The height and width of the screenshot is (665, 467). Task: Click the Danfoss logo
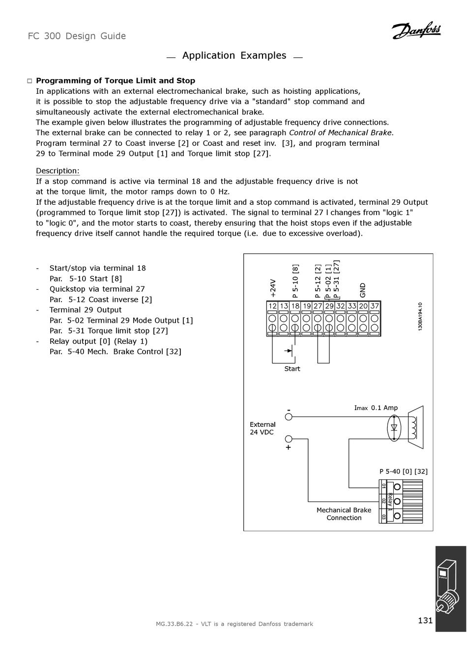point(416,31)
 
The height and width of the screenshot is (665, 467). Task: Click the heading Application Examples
point(234,55)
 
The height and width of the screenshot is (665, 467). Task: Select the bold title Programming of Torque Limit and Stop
point(116,81)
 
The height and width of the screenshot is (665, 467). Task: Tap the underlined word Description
point(58,171)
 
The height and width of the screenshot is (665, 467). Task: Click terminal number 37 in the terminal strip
point(375,306)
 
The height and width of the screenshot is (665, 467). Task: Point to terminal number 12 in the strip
point(272,306)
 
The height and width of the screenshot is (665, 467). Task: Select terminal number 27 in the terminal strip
point(318,306)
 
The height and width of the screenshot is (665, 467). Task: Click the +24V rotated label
point(273,289)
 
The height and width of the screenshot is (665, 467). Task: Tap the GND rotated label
point(363,290)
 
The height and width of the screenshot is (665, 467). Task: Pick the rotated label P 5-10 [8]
point(295,281)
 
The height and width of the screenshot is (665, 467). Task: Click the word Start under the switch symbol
point(292,369)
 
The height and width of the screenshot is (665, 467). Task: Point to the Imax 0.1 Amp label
point(376,408)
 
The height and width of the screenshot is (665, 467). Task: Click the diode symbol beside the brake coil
point(394,427)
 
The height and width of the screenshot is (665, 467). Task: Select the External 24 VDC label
point(263,428)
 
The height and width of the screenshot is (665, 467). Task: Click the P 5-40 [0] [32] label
point(403,471)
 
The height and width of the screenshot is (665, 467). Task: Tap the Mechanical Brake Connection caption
point(344,514)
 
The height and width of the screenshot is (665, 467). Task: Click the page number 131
point(425,620)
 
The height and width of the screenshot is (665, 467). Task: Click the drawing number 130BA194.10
point(421,316)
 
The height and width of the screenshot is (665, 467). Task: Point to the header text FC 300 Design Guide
point(77,36)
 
